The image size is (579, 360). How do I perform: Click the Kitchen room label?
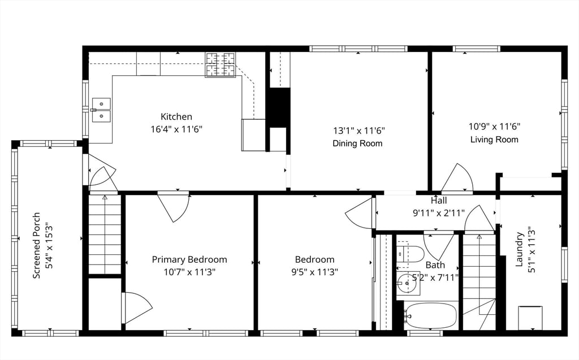pos(176,116)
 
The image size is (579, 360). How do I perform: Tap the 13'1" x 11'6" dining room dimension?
pos(359,131)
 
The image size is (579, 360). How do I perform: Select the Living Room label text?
pos(494,140)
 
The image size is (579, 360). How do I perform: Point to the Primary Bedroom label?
pos(189,259)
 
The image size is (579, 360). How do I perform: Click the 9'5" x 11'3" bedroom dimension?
pos(314,272)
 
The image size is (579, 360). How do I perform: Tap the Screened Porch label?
pos(37,245)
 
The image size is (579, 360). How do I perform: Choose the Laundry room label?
pos(519,249)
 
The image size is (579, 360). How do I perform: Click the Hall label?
pos(439,201)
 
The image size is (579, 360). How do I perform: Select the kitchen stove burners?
pos(221,65)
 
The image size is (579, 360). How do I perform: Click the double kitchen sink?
pos(101,110)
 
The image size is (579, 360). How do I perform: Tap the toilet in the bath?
pos(410,254)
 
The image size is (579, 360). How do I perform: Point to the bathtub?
pos(430,316)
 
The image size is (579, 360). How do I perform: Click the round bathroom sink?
pos(408,284)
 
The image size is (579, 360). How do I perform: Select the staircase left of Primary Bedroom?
pos(105,234)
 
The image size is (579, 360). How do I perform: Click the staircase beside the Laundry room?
pos(479,281)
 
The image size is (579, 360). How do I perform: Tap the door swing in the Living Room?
pos(457,178)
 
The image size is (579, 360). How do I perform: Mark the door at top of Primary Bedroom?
pos(174,207)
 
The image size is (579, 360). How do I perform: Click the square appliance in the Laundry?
pos(530,318)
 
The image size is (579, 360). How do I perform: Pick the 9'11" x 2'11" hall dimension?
pos(439,213)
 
